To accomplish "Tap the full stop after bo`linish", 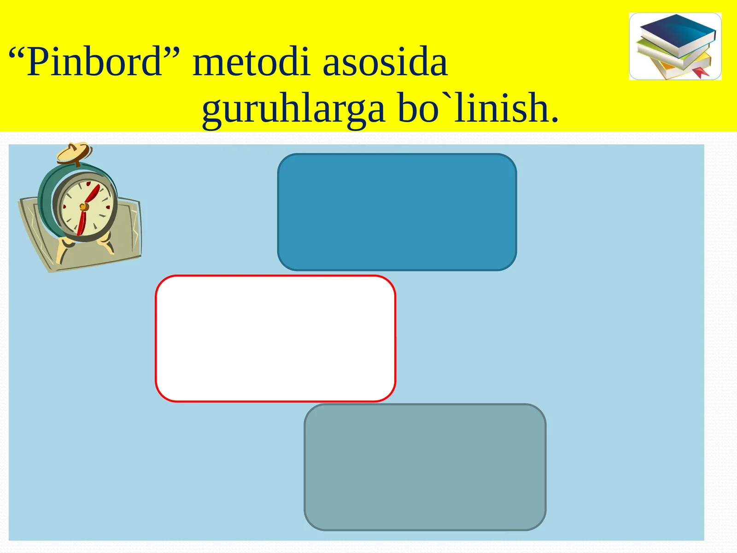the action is (555, 119).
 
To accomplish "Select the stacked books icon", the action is (675, 47).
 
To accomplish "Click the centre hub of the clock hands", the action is (84, 206).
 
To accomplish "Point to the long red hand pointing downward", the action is (81, 222).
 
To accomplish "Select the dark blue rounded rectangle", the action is (397, 212).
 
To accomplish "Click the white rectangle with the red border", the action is (275, 338).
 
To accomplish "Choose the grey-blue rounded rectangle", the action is (425, 467).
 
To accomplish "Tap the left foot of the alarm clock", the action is (63, 250).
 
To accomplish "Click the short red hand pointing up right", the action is (92, 194).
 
